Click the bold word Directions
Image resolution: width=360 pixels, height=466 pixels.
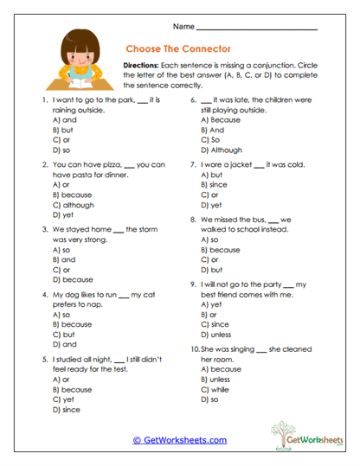(145, 65)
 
